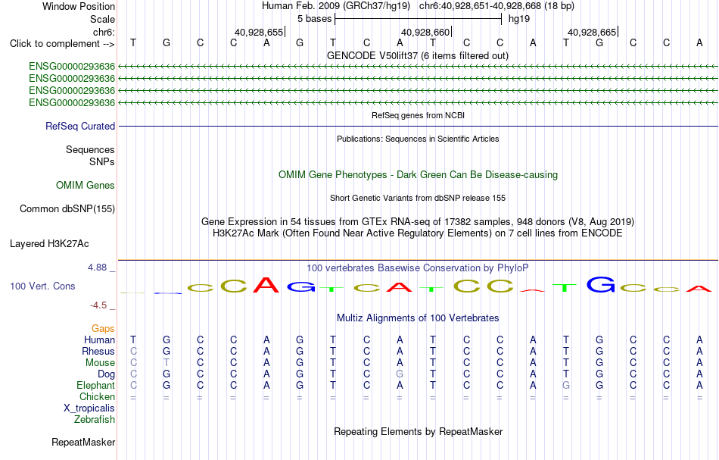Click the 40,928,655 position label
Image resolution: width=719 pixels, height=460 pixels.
[x=259, y=32]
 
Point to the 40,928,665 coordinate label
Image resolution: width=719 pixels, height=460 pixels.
[x=592, y=32]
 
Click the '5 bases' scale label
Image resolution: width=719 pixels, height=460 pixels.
[x=315, y=19]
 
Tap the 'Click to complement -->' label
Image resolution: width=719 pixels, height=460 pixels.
[x=62, y=44]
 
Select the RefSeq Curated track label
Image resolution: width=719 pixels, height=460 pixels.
[x=80, y=126]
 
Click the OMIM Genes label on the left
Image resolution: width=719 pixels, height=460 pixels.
[x=86, y=185]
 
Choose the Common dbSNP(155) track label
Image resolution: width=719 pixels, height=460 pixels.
[x=67, y=209]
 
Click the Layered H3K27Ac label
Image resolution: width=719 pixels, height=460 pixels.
[x=49, y=244]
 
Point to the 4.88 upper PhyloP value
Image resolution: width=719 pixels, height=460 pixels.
[x=97, y=268]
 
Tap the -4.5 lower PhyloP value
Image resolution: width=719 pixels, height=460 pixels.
[x=98, y=305]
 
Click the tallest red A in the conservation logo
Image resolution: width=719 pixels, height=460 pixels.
[x=266, y=285]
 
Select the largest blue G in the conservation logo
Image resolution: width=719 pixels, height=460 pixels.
[x=601, y=284]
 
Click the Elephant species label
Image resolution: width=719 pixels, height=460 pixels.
[x=96, y=385]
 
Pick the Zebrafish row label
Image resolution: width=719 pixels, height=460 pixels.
[x=95, y=419]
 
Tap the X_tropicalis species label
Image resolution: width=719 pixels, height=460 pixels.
[x=89, y=408]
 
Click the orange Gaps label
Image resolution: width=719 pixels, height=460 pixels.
[x=103, y=328]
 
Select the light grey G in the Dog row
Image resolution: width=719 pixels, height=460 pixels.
[x=400, y=374]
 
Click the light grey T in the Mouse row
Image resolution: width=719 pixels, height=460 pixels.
[x=167, y=363]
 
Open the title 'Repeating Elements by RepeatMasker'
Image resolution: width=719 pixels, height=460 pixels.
[x=419, y=431]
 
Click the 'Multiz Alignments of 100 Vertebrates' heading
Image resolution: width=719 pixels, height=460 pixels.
[x=418, y=318]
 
